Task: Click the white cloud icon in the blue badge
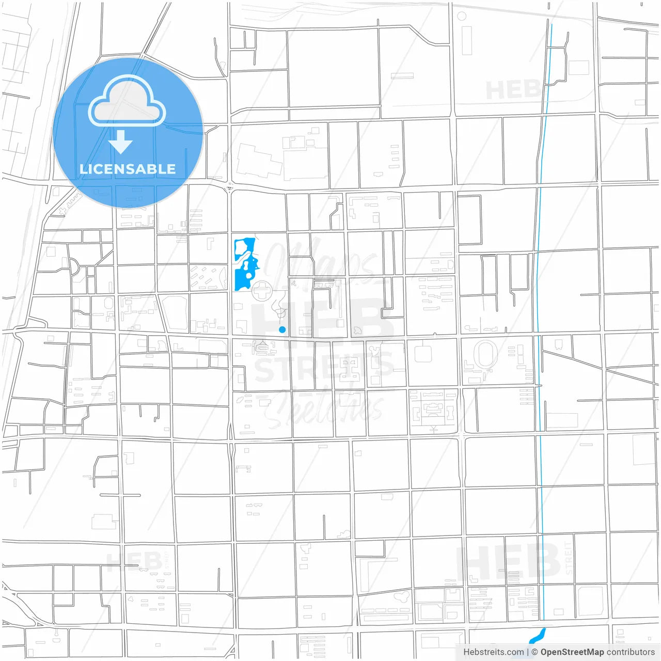pos(127,102)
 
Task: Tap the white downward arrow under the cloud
pos(121,142)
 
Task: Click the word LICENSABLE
pos(127,169)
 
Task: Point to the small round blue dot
pos(282,329)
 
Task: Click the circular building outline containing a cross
pos(262,292)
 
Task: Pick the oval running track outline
pos(485,355)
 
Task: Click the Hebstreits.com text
pos(493,652)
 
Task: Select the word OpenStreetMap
pos(572,652)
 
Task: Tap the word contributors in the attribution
pos(631,652)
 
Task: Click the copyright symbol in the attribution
pos(534,652)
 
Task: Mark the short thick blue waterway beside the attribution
pos(538,635)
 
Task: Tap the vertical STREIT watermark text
pos(569,558)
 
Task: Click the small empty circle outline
pos(462,16)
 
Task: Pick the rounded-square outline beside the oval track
pos(423,354)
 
